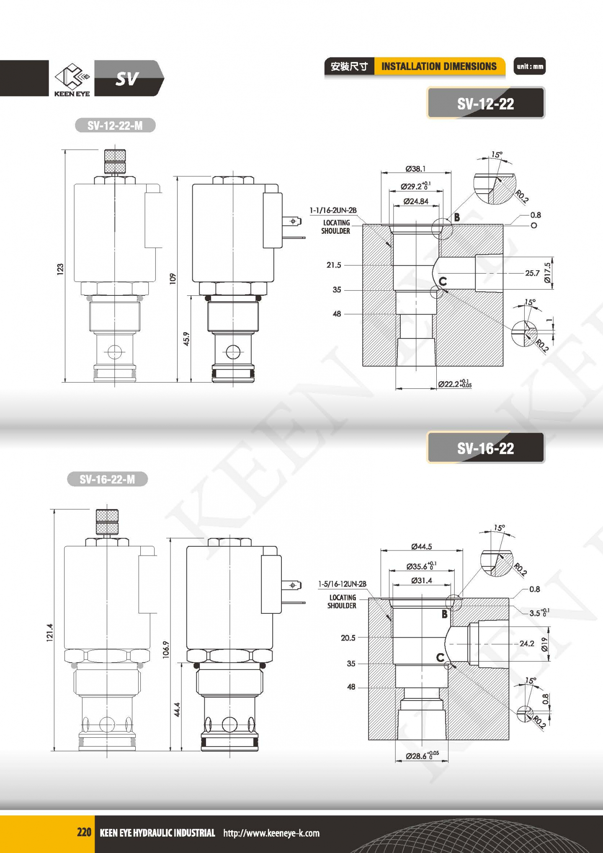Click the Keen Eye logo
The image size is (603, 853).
click(72, 80)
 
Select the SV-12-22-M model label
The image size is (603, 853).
click(115, 125)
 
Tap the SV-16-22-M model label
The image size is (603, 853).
click(108, 479)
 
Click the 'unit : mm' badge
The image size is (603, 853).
click(530, 66)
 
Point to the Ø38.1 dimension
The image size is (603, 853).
click(415, 168)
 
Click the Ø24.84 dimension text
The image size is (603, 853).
click(416, 202)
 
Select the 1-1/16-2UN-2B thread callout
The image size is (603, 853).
click(333, 210)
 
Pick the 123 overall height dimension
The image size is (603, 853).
click(60, 269)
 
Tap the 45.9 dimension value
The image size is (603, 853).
click(187, 339)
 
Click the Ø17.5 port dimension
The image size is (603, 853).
click(548, 273)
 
